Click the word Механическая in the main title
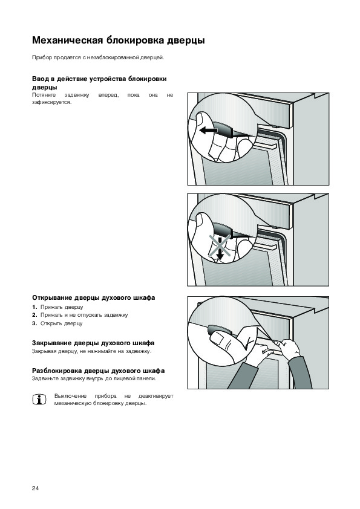pyautogui.click(x=67, y=41)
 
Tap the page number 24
pyautogui.click(x=36, y=488)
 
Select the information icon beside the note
pyautogui.click(x=39, y=400)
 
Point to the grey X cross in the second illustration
pyautogui.click(x=220, y=246)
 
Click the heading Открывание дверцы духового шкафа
pyautogui.click(x=94, y=297)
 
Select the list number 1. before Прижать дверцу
pyautogui.click(x=34, y=307)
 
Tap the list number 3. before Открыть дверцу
pyautogui.click(x=34, y=323)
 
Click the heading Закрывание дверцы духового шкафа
pyautogui.click(x=93, y=343)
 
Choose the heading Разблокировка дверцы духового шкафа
pyautogui.click(x=98, y=371)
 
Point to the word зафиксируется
pyautogui.click(x=51, y=103)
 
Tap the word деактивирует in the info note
pyautogui.click(x=155, y=396)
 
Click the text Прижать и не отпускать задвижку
pyautogui.click(x=84, y=315)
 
